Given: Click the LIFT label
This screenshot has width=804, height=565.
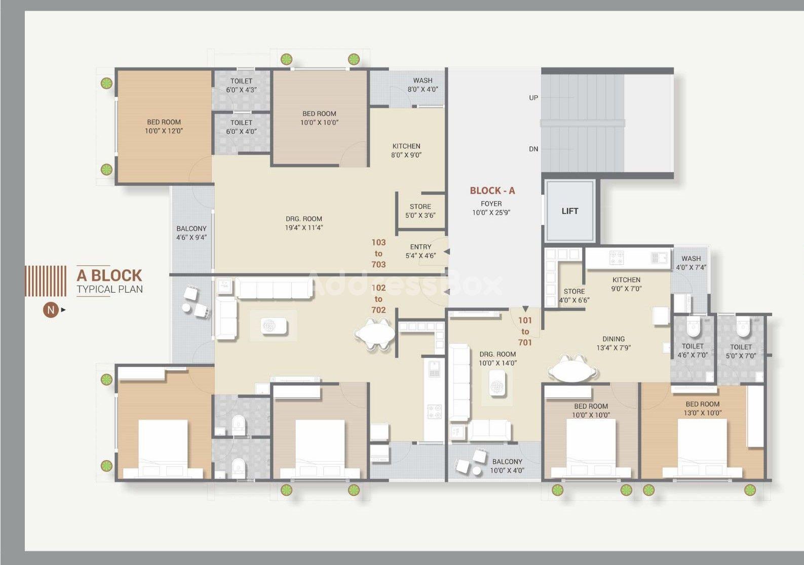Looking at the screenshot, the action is [x=570, y=211].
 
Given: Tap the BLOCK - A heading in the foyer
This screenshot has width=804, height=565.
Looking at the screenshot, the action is [x=492, y=190].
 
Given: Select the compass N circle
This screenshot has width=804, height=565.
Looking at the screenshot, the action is [x=51, y=310].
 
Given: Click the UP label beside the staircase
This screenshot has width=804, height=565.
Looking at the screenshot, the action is [x=534, y=98].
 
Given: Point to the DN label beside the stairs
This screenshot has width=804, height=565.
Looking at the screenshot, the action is [x=534, y=149].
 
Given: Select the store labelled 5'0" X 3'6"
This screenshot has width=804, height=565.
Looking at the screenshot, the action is [x=420, y=211].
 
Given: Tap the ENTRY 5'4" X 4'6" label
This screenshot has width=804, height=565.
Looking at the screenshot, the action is [x=420, y=251].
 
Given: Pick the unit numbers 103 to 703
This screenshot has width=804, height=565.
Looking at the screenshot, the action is [x=378, y=253].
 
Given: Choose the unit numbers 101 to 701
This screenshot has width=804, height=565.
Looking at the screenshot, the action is [x=525, y=331].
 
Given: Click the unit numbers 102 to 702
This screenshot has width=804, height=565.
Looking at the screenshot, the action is [x=378, y=299].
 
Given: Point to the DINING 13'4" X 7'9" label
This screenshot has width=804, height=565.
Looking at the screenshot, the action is [x=614, y=343].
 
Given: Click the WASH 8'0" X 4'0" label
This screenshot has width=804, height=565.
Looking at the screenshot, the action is [x=423, y=85].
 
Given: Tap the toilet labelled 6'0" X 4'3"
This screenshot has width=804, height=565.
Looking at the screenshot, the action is [x=241, y=86].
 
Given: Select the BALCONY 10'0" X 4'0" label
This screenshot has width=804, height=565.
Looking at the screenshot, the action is [x=507, y=466].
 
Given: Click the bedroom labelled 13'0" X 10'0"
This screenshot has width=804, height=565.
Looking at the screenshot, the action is [x=702, y=408].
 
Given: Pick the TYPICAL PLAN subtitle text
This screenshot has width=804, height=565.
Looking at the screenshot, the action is [x=110, y=289].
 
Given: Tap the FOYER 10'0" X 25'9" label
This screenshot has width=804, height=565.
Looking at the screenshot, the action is [x=491, y=208].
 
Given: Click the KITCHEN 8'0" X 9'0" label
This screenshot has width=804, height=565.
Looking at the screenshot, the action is [x=406, y=150].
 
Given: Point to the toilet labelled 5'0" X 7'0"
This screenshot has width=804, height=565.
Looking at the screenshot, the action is [x=741, y=351].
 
